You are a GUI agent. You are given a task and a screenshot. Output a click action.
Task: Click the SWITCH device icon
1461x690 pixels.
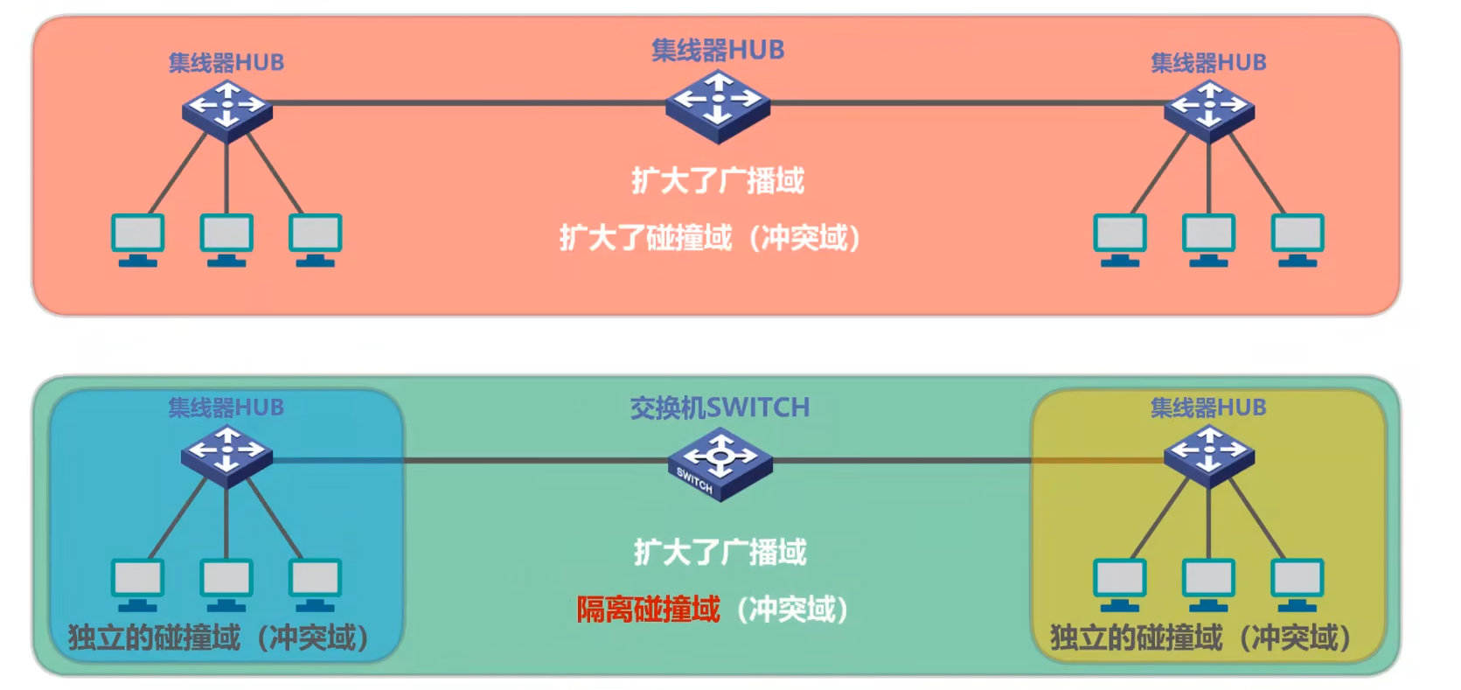[x=720, y=463]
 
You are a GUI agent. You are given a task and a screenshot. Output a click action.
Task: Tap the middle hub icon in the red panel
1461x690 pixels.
[x=718, y=105]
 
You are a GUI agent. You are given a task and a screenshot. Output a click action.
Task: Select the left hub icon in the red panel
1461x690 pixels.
[x=226, y=109]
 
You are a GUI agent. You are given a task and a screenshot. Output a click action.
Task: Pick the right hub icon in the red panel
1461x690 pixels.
[x=1209, y=109]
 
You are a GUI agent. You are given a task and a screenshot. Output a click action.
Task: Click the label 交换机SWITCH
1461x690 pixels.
[x=720, y=408]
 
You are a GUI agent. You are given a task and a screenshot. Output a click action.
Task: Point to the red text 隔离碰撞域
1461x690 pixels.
[x=648, y=610]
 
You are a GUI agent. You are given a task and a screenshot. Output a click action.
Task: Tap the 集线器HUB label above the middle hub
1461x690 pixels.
[x=718, y=50]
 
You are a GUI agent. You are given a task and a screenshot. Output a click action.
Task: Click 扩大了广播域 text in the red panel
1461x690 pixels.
[x=718, y=181]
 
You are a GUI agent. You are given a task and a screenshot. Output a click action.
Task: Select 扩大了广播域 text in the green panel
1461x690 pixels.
[x=720, y=552]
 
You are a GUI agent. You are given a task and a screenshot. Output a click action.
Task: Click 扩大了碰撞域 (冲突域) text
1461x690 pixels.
[x=710, y=238]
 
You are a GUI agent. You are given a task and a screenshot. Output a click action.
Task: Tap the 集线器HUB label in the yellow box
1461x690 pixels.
[x=1208, y=408]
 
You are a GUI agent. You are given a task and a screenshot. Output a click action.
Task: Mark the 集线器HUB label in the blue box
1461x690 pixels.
[x=226, y=408]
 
